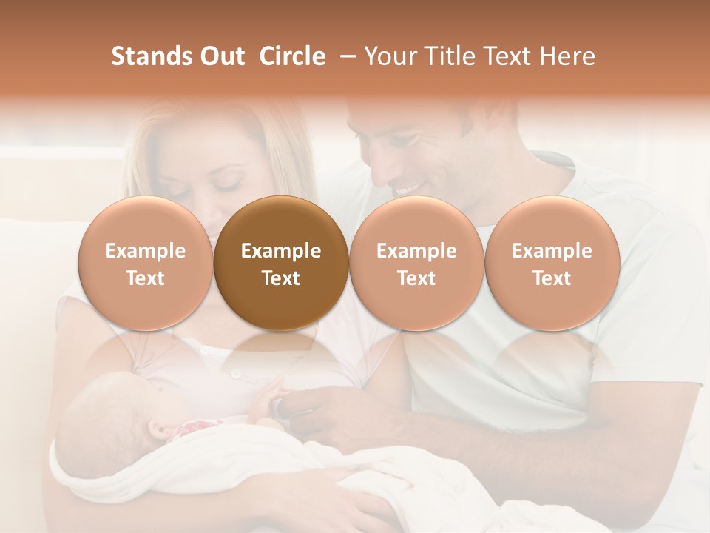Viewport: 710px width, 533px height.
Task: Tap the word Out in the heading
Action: click(221, 56)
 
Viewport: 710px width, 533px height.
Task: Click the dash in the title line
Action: click(345, 56)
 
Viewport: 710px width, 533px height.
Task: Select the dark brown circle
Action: click(281, 263)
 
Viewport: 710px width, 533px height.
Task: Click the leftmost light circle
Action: click(145, 263)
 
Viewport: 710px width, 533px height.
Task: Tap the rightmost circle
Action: click(552, 263)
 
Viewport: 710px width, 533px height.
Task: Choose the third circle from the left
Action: click(416, 263)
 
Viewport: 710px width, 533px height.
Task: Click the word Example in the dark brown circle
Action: click(281, 251)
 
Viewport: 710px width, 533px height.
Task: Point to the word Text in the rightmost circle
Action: click(552, 278)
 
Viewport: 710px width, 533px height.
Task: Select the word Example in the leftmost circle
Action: click(145, 251)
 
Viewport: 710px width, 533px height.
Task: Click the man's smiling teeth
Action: click(406, 190)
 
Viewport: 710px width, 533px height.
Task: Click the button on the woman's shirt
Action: click(236, 374)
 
